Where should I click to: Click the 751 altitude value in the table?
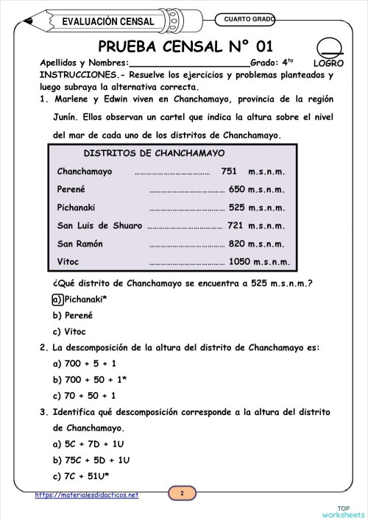228,171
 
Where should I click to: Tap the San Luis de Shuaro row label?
99,225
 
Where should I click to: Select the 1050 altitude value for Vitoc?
239,261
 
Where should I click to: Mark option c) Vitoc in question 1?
65,331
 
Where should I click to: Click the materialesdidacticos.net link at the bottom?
87,495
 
